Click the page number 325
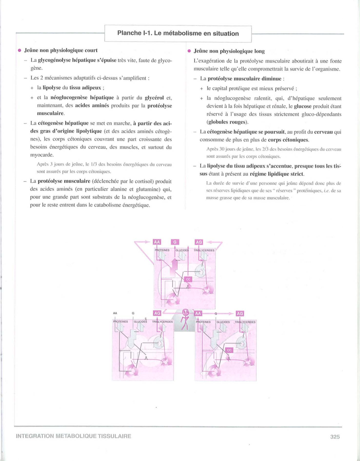click(335, 437)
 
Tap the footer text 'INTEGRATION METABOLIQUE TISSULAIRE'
click(74, 436)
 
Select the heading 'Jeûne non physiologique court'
click(61, 50)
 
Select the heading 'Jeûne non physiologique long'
click(229, 51)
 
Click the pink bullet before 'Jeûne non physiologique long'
click(189, 51)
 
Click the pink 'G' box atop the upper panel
click(175, 242)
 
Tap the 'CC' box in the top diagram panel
click(188, 279)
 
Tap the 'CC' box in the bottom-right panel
click(229, 350)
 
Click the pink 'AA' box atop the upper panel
click(157, 242)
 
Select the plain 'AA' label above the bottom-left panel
click(115, 313)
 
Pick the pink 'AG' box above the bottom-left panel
click(157, 313)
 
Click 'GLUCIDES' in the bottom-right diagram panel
click(223, 322)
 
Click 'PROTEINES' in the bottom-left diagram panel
click(120, 322)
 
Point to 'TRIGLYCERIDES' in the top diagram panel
click(204, 250)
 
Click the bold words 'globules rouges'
click(227, 122)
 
